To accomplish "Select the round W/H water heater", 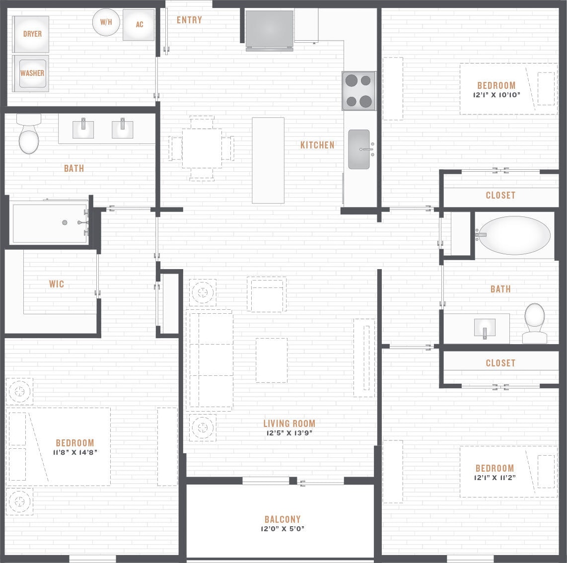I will coord(106,22).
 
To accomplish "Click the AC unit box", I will coord(139,24).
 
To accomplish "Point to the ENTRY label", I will coord(189,20).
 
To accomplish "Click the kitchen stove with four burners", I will coord(358,90).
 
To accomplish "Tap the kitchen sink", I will coord(359,149).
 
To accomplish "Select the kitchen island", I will coord(268,160).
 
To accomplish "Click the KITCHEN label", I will coord(317,145).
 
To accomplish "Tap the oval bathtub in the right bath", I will coord(514,235).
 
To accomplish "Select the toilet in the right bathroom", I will coord(535,323).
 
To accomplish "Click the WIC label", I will coord(56,284).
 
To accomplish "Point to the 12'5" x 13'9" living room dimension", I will coord(288,433).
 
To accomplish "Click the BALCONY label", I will coord(283,519).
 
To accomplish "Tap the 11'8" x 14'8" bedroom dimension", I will coord(75,452).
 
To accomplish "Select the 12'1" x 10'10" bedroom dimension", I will coord(496,95).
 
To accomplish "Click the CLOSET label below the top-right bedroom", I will coord(500,196).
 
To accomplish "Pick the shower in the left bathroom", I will coord(50,223).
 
